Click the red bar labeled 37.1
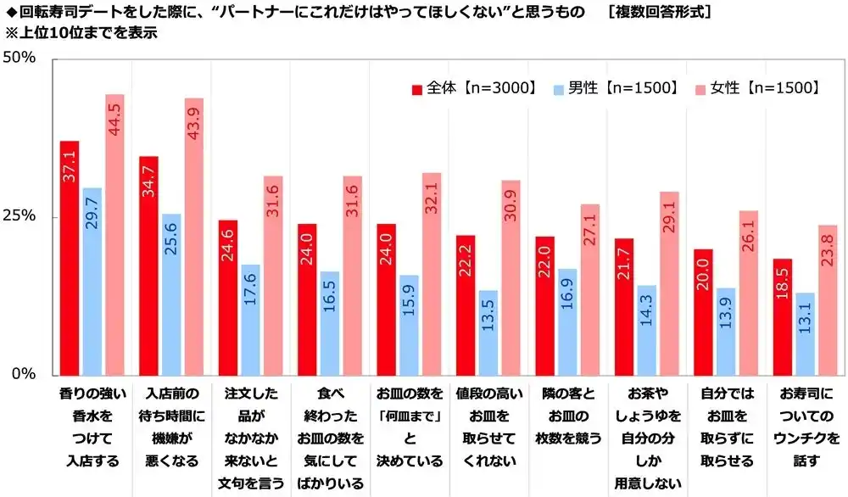point(70,258)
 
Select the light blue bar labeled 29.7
point(92,281)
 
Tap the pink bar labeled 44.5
point(114,235)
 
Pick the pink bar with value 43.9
point(193,237)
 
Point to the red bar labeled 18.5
point(783,316)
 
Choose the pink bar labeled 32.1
point(431,274)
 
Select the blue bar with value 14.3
point(647,330)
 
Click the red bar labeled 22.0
point(545,305)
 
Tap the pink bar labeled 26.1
point(748,293)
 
